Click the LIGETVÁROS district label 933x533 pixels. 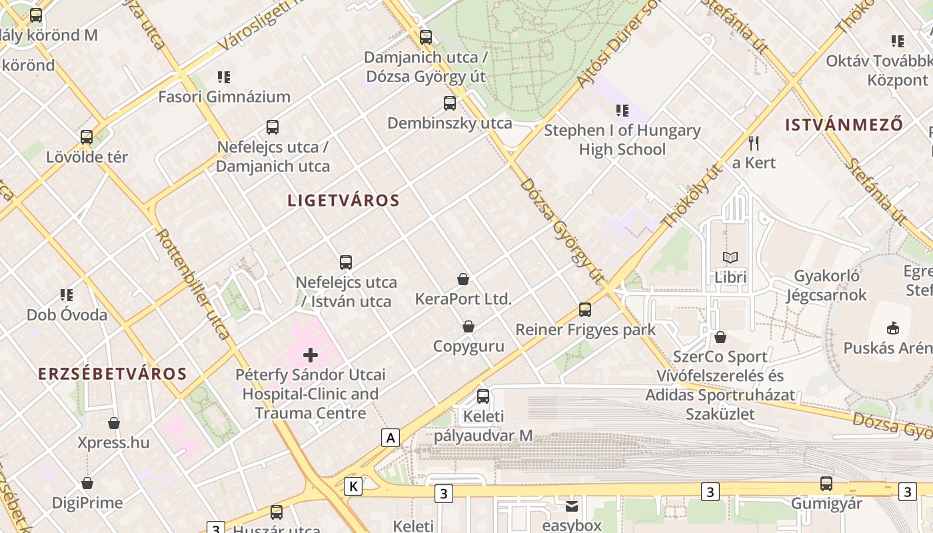pos(343,201)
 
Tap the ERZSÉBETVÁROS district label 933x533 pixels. pos(112,374)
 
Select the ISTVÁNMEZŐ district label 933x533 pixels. pos(844,125)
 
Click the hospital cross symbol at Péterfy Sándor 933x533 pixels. pos(310,355)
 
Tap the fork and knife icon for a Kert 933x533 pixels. pos(754,143)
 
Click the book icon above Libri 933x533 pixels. pos(730,257)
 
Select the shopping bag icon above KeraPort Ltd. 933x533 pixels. pos(463,279)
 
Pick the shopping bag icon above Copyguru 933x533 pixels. pos(468,326)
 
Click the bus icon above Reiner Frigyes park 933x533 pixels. pos(585,309)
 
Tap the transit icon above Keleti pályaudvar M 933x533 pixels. pos(483,396)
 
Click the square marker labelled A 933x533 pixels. pos(391,438)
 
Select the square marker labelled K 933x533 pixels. pos(353,487)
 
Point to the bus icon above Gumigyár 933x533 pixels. pos(826,484)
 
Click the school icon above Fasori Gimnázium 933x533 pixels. pos(224,77)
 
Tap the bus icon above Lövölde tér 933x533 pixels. pos(87,137)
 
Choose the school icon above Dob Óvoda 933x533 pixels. pos(67,294)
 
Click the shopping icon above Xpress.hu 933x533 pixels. pos(114,423)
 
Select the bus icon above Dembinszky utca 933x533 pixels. pos(450,103)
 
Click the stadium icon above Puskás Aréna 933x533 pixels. pos(892,328)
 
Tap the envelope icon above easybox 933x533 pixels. pos(572,506)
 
